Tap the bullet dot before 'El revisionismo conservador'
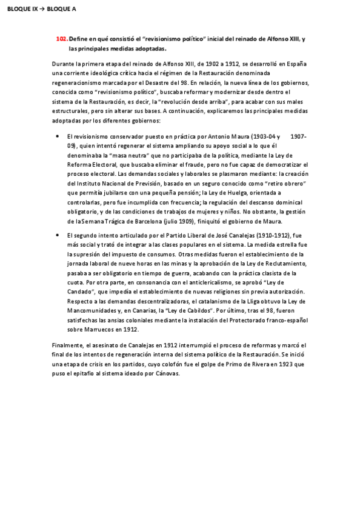point(57,137)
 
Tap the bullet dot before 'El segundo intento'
point(57,235)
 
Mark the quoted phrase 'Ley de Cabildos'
point(188,310)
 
